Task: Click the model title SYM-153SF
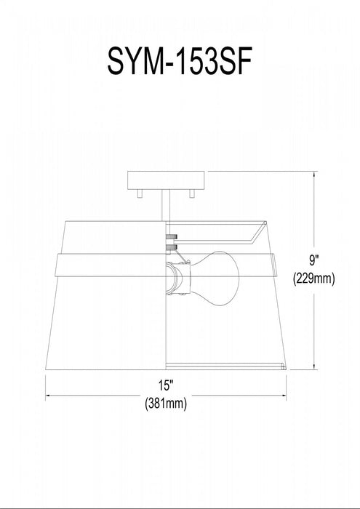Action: (x=180, y=62)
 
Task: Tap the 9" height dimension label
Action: (x=313, y=260)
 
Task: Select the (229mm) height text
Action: (x=313, y=278)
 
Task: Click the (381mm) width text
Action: (x=166, y=404)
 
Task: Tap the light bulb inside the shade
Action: (x=215, y=278)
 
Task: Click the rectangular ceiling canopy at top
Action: (x=166, y=180)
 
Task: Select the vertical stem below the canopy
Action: (x=166, y=206)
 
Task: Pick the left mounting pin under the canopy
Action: (x=140, y=193)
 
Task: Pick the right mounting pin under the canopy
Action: (x=192, y=193)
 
